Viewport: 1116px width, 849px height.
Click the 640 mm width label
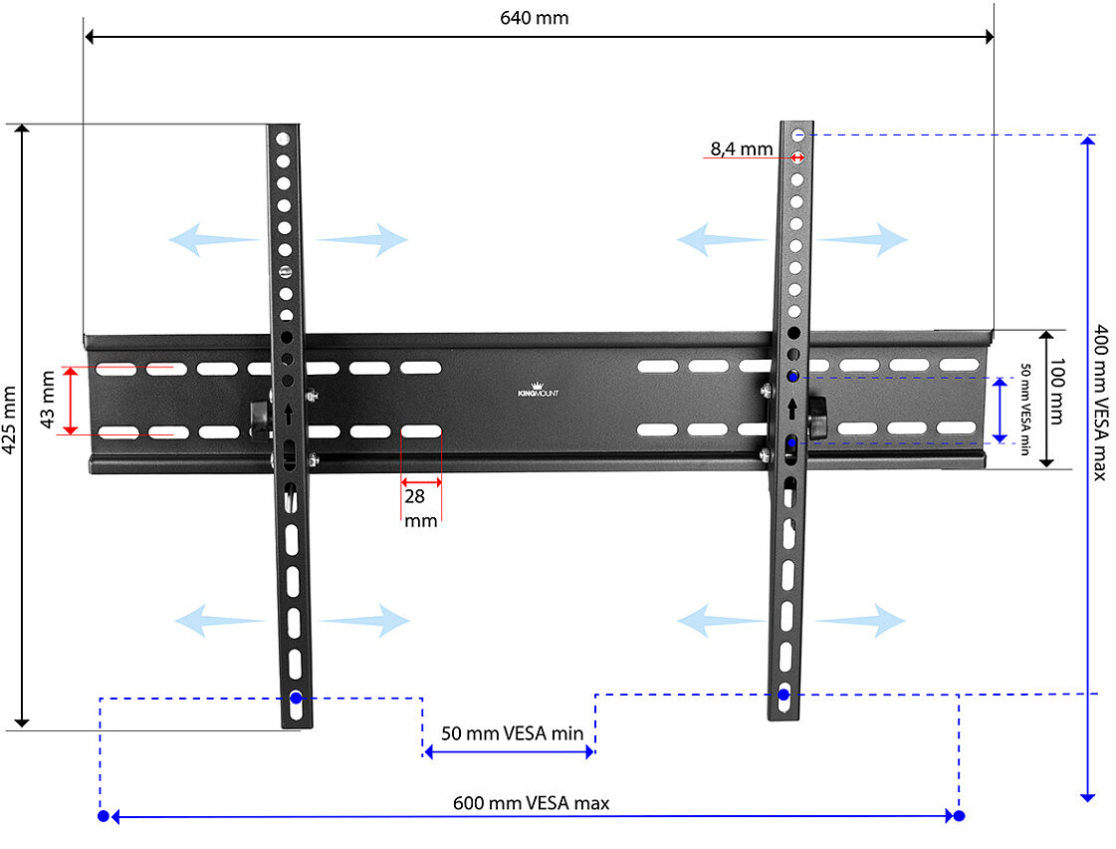[x=534, y=18]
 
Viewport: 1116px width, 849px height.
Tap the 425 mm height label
[x=9, y=420]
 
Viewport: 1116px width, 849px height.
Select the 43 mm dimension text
[x=48, y=400]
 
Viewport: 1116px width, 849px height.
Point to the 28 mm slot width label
[x=421, y=508]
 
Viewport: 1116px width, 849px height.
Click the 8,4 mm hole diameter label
[x=742, y=148]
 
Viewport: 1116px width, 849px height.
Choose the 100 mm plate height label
[x=1057, y=392]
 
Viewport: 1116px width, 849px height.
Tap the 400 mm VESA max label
[x=1100, y=403]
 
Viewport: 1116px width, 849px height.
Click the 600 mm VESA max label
[x=531, y=803]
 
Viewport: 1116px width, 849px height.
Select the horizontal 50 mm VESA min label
[x=512, y=732]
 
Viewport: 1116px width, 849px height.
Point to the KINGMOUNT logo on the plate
[x=538, y=390]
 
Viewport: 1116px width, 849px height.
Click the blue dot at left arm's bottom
[x=296, y=698]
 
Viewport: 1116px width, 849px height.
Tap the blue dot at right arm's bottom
[x=783, y=694]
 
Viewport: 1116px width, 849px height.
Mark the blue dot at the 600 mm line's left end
[x=104, y=815]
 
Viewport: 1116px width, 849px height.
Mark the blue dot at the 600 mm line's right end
[x=959, y=815]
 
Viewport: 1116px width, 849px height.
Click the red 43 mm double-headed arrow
[x=70, y=401]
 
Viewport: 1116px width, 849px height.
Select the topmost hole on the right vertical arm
[x=797, y=134]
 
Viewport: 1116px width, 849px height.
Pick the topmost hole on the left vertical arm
[x=283, y=139]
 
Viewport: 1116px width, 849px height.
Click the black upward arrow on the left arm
[x=289, y=414]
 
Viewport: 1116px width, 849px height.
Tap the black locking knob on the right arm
[x=816, y=419]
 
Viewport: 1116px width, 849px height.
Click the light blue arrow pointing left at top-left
[x=213, y=239]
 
